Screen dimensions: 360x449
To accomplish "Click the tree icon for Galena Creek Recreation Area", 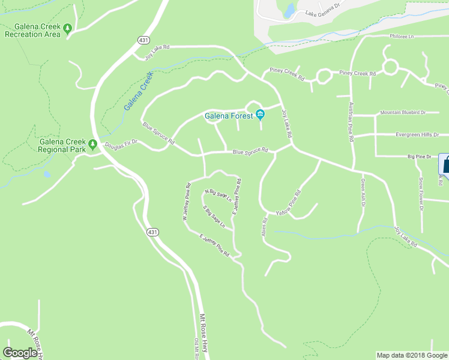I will (x=68, y=28).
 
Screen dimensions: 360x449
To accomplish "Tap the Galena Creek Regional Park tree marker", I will (x=92, y=144).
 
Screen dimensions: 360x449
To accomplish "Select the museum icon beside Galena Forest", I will (x=260, y=115).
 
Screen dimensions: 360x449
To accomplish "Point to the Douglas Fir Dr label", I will (x=121, y=145).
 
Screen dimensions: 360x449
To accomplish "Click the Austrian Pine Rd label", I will (x=351, y=121).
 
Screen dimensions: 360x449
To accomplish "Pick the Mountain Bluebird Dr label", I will (x=402, y=112).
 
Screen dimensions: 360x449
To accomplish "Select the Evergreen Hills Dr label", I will (x=417, y=135).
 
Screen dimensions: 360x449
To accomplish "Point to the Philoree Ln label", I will (x=402, y=37).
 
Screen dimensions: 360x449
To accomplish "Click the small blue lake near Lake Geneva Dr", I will (x=289, y=10).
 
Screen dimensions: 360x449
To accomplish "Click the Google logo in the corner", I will (x=20, y=353).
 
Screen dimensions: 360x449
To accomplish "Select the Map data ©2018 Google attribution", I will (x=412, y=355).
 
